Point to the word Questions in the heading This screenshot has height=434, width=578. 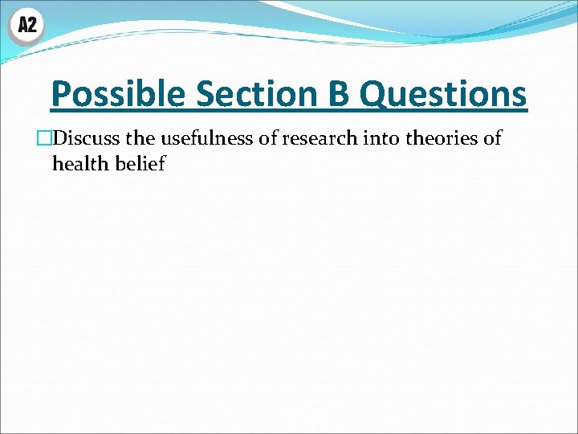[x=443, y=95]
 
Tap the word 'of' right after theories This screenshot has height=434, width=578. [x=491, y=138]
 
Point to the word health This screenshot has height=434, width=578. [x=75, y=165]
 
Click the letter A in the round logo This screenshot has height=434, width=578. [x=22, y=26]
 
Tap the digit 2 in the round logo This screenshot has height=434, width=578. [x=32, y=26]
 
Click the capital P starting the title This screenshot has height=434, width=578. [x=59, y=95]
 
